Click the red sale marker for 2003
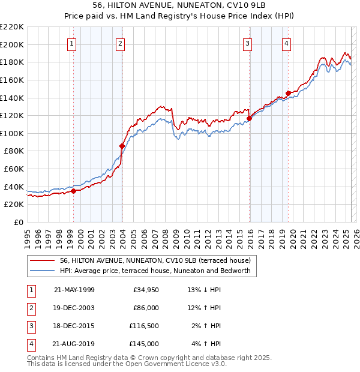(122, 146)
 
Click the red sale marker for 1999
(73, 191)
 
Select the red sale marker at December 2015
(249, 118)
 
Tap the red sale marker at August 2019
(288, 93)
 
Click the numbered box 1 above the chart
(72, 43)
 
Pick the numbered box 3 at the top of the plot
(247, 43)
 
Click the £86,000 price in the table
(146, 308)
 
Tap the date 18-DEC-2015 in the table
(74, 326)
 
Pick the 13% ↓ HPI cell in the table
(204, 290)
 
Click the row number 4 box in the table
(31, 344)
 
